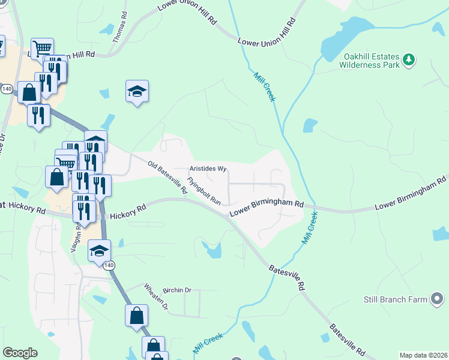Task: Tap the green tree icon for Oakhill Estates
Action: click(x=409, y=59)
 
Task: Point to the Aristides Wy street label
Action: click(x=208, y=169)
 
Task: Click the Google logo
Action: click(x=20, y=353)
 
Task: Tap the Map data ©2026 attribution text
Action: click(x=423, y=355)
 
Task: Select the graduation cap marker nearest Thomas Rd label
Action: click(x=137, y=92)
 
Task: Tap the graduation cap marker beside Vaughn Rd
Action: click(x=100, y=251)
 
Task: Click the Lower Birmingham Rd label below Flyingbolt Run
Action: click(x=267, y=209)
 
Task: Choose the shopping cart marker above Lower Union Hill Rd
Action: click(x=42, y=48)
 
